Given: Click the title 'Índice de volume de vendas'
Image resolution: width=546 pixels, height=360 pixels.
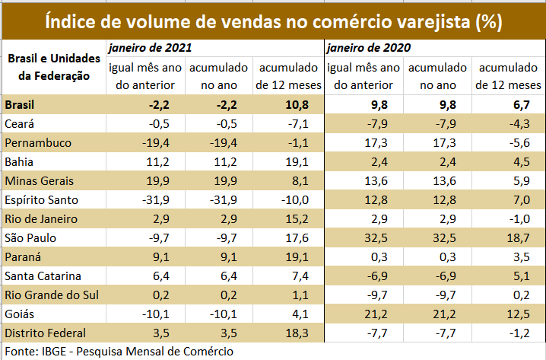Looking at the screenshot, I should click(x=273, y=21).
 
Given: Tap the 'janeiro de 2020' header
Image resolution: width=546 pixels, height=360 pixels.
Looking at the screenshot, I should click(x=369, y=48).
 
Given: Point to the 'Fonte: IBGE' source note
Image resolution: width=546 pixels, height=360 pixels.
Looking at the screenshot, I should click(x=118, y=351).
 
